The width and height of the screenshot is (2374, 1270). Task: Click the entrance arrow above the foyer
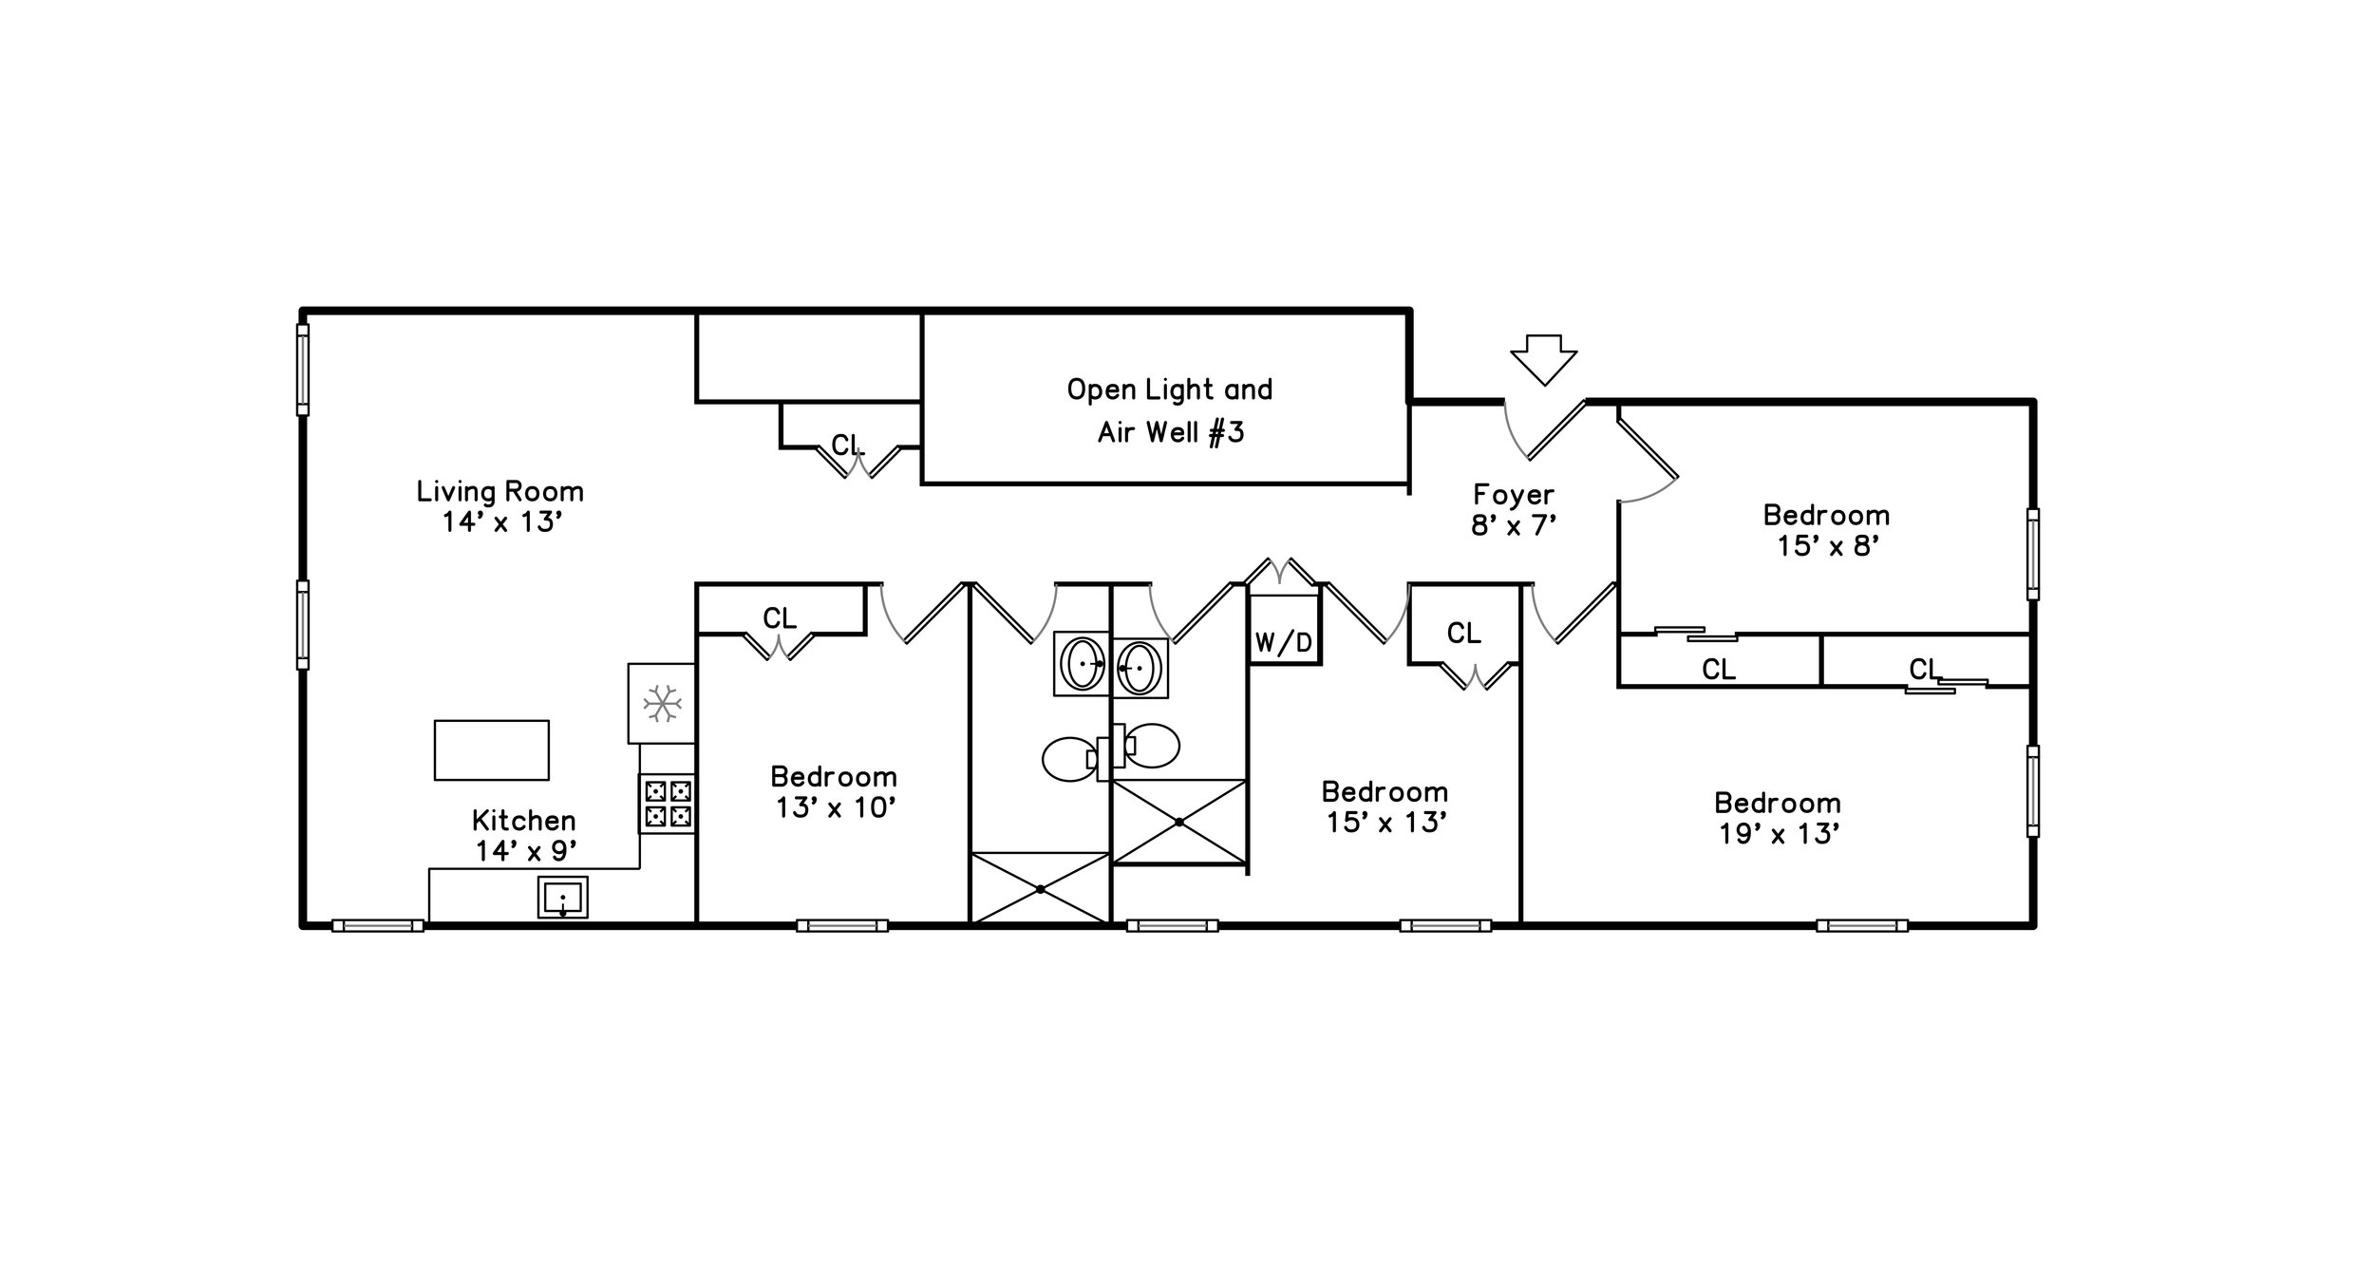point(1543,360)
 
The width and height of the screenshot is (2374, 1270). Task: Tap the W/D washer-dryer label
point(1283,643)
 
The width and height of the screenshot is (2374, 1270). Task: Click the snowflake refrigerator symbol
point(662,704)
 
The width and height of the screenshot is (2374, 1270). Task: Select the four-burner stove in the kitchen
point(667,804)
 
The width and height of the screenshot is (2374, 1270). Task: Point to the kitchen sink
point(563,897)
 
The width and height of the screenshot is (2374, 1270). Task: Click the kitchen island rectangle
point(492,750)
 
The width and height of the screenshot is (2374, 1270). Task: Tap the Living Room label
point(500,492)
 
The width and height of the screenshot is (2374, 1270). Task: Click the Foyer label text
point(1514,495)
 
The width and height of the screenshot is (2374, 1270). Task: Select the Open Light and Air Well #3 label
point(1170,410)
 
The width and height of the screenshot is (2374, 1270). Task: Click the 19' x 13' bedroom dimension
point(1778,834)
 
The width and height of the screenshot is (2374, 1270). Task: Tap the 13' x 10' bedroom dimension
point(835,807)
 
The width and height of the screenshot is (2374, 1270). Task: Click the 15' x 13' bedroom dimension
point(1385,823)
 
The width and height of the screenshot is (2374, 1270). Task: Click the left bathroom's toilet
point(1072,759)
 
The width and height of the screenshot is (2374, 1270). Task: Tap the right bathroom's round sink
point(1141,668)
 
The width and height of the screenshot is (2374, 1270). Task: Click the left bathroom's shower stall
point(1040,888)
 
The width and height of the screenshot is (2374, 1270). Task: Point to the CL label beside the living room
point(847,445)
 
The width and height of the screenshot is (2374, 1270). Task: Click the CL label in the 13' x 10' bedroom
point(780,618)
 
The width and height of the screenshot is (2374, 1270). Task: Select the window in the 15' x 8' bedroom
point(2033,554)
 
